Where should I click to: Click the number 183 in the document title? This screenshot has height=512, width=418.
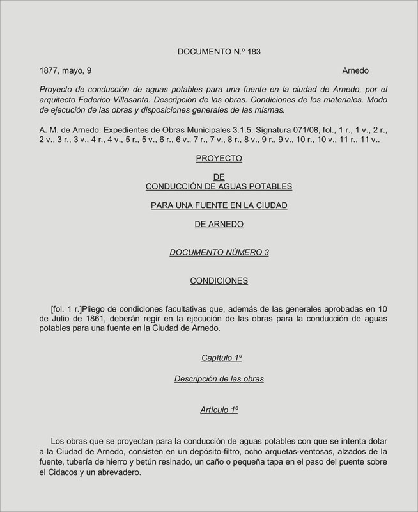(253, 51)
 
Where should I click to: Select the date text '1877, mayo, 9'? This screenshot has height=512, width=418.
(66, 70)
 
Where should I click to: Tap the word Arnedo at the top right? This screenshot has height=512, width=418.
(355, 70)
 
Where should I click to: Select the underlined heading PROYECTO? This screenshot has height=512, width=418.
(219, 158)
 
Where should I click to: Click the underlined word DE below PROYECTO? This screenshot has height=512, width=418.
(219, 177)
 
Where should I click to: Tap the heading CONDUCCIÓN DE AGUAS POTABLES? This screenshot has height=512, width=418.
(219, 186)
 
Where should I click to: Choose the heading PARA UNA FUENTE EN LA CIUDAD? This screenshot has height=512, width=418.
(219, 205)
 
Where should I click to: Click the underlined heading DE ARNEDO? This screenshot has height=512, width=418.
(219, 224)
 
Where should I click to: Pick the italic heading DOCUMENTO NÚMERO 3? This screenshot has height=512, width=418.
(219, 252)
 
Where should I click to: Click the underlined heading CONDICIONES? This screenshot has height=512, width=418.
(219, 280)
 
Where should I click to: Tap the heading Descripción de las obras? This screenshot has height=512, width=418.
(219, 379)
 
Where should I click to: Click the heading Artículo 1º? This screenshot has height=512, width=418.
(219, 409)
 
